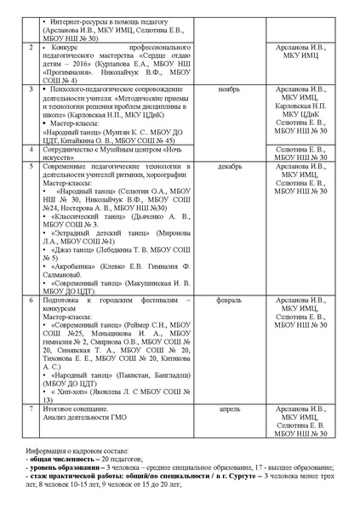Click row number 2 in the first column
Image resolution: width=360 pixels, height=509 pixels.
(32, 48)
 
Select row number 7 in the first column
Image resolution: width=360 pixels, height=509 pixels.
(32, 409)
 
